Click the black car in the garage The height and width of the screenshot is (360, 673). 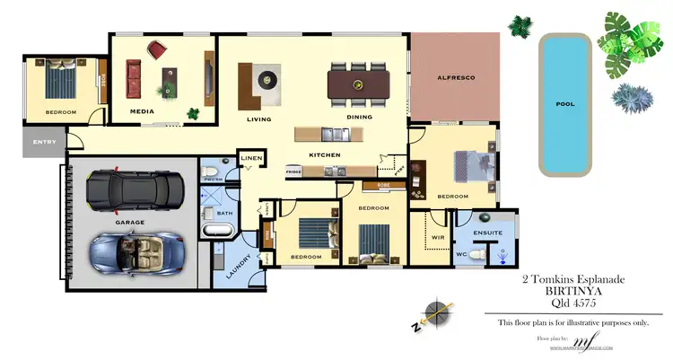[x=134, y=189]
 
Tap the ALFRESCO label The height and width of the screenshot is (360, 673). [x=456, y=79]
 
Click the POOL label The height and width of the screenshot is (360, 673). [x=564, y=104]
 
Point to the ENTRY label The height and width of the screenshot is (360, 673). [x=44, y=142]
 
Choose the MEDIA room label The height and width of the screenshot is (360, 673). [x=142, y=111]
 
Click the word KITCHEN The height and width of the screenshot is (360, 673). [x=324, y=154]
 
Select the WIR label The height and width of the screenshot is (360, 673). [x=439, y=238]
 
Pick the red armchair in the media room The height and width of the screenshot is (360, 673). [x=158, y=48]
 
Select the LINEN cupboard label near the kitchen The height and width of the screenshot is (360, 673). [x=252, y=159]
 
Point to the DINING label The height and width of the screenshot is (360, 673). [x=359, y=118]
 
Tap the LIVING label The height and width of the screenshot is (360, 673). [x=258, y=118]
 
